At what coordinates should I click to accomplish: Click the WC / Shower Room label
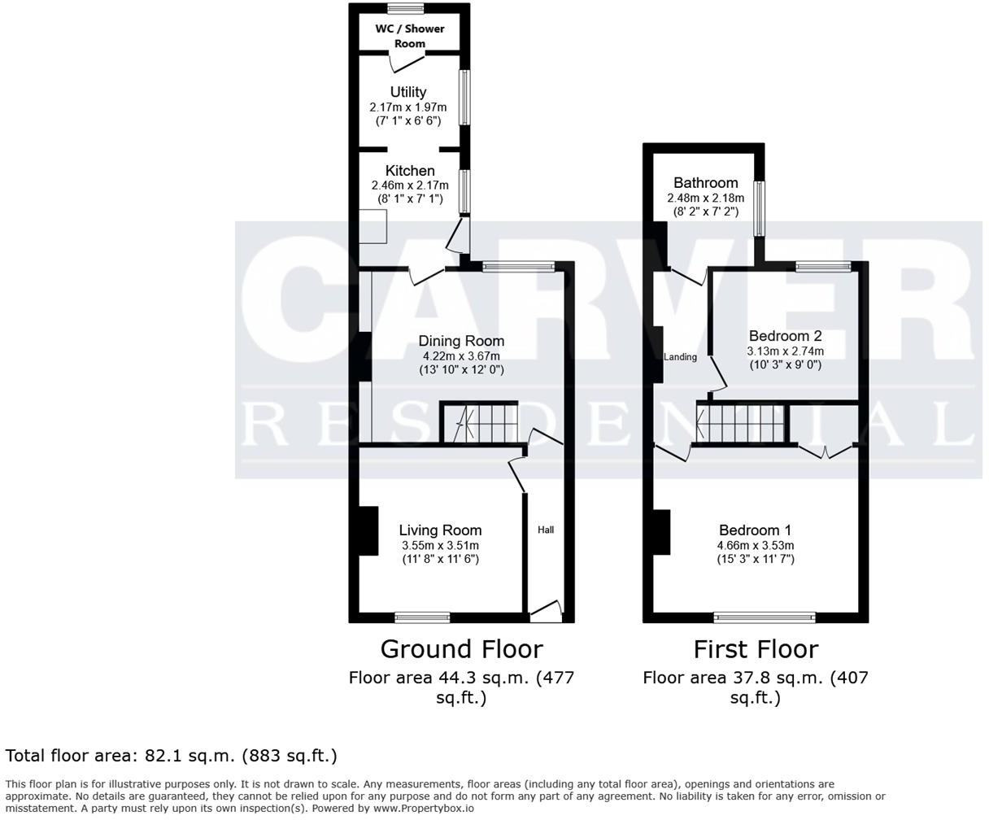pos(410,36)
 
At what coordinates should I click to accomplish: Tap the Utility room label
pos(407,92)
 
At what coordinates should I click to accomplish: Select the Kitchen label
pos(410,171)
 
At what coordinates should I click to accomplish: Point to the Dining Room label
pos(461,341)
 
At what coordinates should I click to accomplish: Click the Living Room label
pos(440,530)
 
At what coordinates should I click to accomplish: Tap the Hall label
pos(546,530)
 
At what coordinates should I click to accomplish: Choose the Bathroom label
pos(705,183)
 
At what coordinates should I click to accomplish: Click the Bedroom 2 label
pos(785,336)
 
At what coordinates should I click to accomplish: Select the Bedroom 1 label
pos(755,530)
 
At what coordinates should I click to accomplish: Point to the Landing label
pos(680,357)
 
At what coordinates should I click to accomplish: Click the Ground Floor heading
pos(461,649)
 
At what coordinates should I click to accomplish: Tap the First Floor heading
pos(756,649)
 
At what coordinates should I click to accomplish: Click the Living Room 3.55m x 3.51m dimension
pos(440,546)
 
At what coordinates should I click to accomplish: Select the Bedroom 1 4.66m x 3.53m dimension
pos(755,546)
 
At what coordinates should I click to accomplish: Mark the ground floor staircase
pos(480,423)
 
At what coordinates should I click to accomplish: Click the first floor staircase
pos(743,424)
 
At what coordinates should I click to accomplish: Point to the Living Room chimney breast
pos(368,530)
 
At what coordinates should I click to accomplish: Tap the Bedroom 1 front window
pos(765,617)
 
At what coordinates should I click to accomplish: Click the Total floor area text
pos(171,756)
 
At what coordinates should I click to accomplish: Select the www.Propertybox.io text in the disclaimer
pos(423,809)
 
